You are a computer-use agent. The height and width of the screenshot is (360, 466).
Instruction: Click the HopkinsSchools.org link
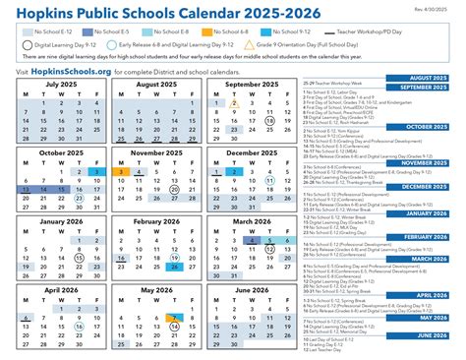click(65, 72)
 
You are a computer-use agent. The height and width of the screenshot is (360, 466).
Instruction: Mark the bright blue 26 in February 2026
click(174, 266)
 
